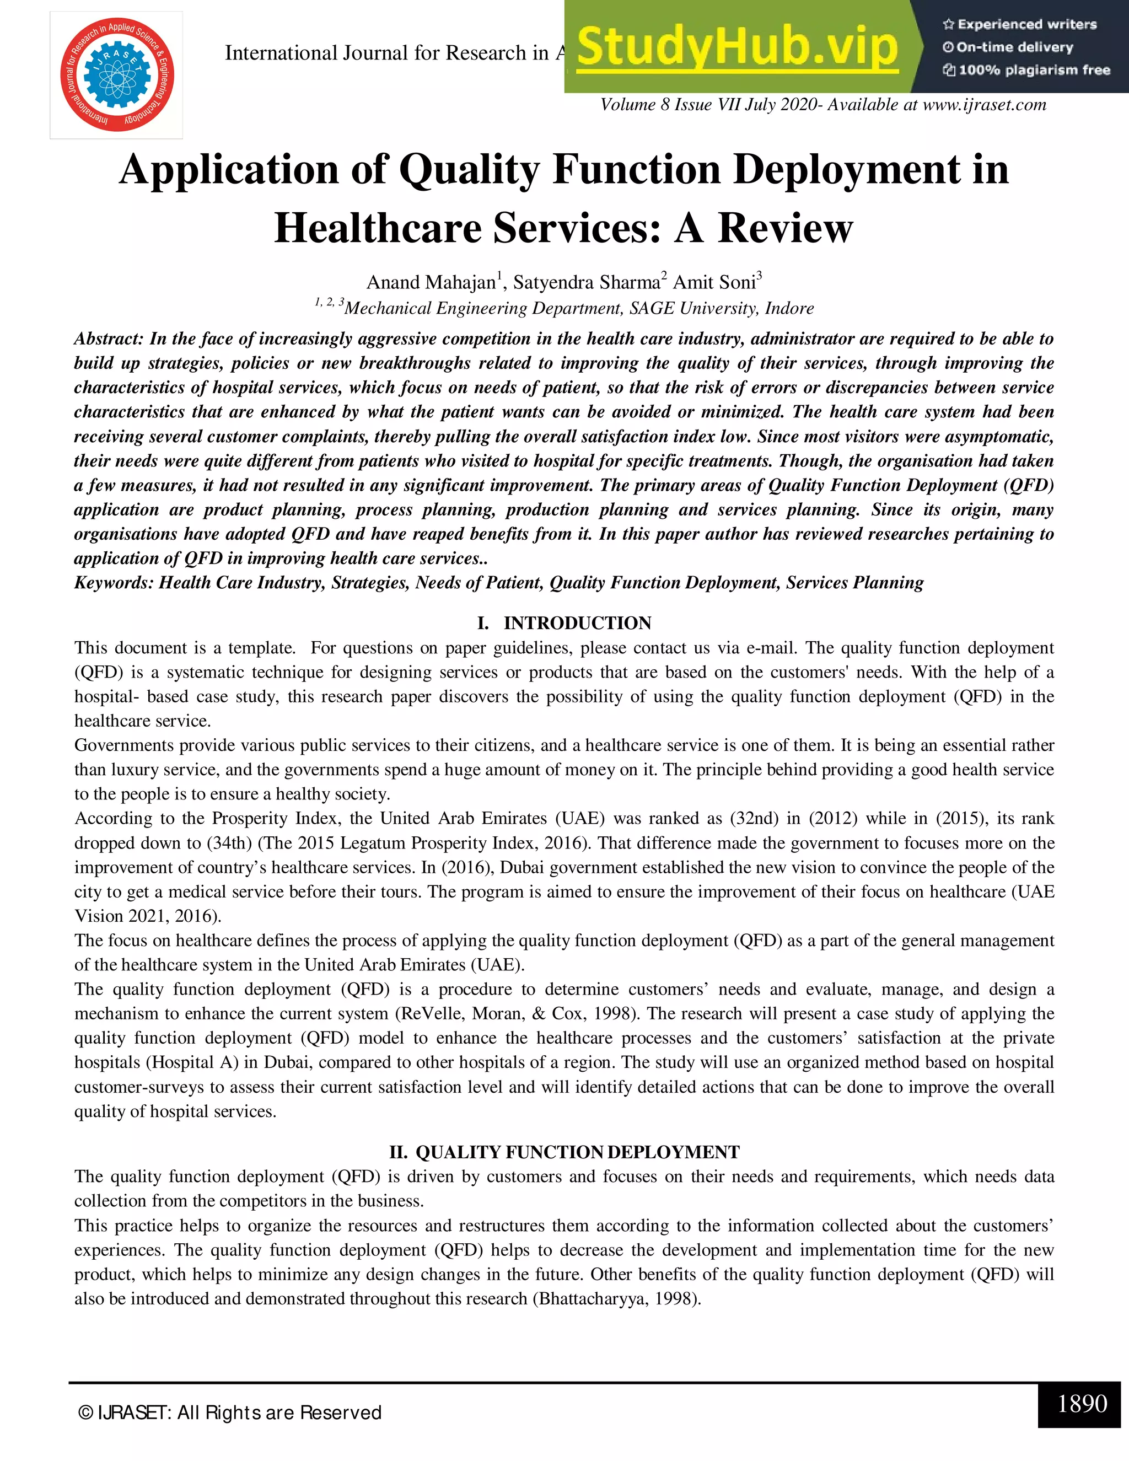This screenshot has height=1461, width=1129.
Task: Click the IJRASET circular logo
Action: click(116, 75)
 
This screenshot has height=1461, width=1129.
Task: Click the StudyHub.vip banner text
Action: click(736, 47)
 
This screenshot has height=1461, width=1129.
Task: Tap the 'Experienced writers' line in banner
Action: click(1019, 25)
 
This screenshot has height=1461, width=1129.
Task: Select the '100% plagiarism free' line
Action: click(1026, 70)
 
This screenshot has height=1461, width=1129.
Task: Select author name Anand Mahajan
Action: click(431, 282)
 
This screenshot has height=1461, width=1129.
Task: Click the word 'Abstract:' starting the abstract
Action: click(109, 339)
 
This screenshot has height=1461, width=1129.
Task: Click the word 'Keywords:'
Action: click(114, 583)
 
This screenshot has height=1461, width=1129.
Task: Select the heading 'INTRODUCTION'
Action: click(577, 623)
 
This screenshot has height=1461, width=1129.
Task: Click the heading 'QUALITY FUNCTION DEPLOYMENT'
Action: click(577, 1152)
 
